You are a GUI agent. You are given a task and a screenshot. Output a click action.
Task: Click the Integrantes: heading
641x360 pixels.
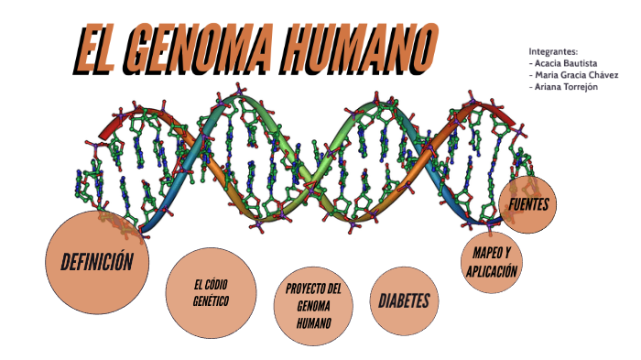[553, 51]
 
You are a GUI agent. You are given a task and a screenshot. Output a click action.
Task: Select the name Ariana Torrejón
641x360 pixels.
[564, 87]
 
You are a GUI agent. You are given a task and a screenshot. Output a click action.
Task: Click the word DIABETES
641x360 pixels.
[404, 300]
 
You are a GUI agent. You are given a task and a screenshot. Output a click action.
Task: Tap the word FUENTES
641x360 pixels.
[529, 204]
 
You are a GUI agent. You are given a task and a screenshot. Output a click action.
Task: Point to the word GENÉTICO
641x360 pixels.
[211, 300]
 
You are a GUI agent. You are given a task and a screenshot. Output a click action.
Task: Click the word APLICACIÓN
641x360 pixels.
[492, 270]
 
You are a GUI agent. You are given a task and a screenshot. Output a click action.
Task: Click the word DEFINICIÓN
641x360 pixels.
[97, 262]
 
